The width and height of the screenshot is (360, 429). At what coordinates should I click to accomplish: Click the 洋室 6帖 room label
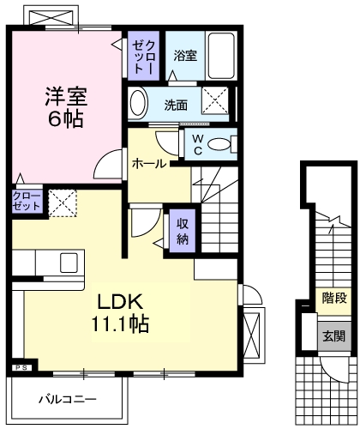(x=65, y=107)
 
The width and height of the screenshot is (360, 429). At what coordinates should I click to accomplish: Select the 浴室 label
(x=185, y=57)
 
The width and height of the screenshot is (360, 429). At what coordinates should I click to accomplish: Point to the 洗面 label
(x=177, y=106)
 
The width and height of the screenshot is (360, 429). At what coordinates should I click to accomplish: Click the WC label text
(x=196, y=142)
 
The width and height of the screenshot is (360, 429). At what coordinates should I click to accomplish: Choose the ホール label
(x=148, y=164)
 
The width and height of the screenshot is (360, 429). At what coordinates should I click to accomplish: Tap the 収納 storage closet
(x=183, y=230)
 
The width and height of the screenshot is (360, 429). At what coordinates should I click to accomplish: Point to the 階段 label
(x=334, y=299)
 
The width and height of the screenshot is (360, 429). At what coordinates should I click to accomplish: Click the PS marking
(x=21, y=368)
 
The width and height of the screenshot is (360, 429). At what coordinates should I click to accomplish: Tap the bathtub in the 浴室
(x=222, y=57)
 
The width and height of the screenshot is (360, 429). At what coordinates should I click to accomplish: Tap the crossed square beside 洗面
(x=218, y=102)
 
